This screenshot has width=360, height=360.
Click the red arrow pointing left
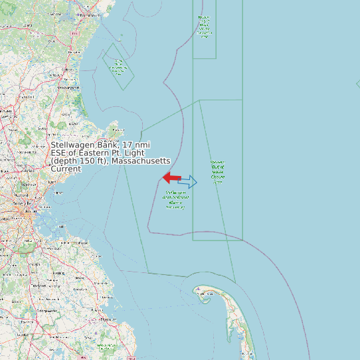point(171,177)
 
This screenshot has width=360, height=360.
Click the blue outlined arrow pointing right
point(188,182)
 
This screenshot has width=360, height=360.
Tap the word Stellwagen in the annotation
point(74,145)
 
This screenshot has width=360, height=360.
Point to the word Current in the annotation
point(66,169)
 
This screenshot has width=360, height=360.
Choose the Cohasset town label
point(82,243)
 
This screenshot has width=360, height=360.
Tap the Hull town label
point(61,227)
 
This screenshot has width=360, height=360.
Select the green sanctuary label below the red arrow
point(176,200)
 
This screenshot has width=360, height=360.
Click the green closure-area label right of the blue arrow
point(217,171)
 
